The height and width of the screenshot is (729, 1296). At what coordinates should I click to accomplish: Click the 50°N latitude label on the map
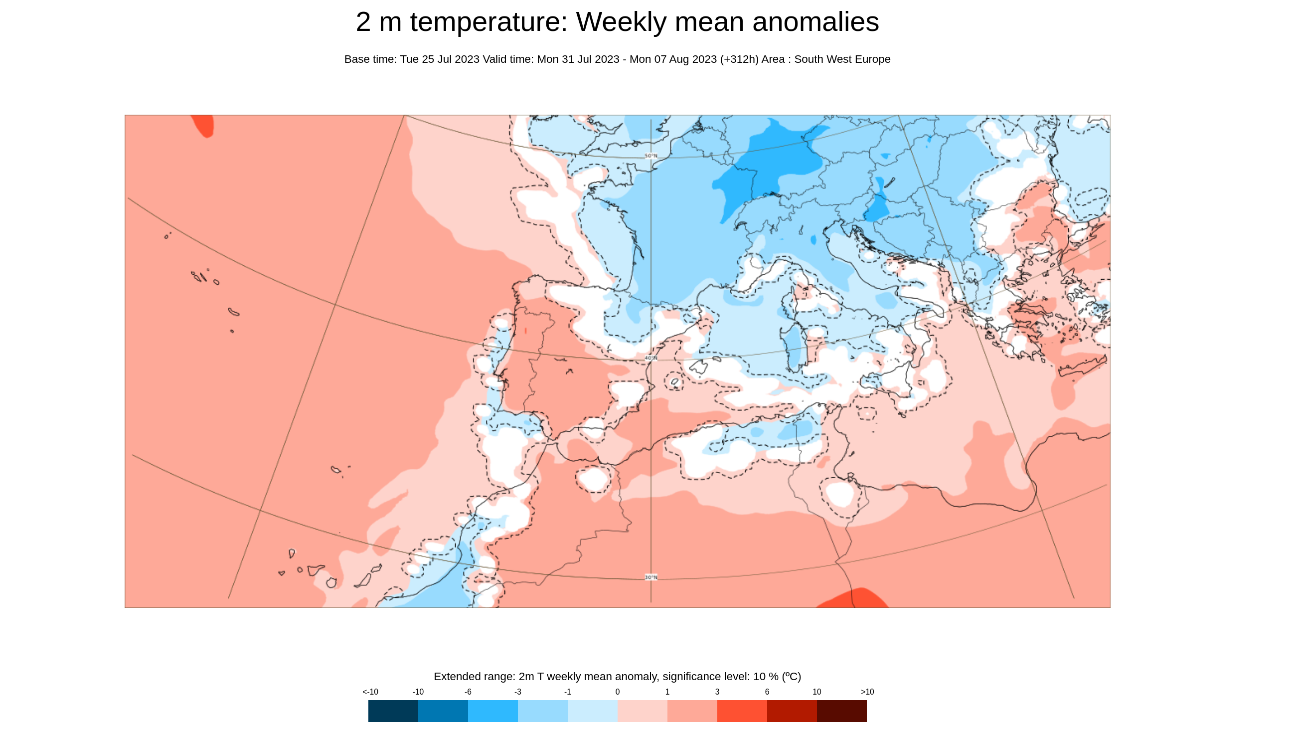click(651, 156)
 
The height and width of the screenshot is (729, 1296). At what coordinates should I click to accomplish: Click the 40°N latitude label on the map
click(651, 358)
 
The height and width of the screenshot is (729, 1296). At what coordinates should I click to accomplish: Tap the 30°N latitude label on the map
click(651, 577)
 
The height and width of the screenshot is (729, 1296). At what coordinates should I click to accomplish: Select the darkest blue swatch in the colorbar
click(393, 711)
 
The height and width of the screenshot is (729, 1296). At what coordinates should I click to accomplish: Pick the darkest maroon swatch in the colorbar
click(842, 711)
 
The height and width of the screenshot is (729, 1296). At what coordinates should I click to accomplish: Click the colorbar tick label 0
click(617, 692)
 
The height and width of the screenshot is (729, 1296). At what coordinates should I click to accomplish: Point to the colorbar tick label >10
click(867, 692)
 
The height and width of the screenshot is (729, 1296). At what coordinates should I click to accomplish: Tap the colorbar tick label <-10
click(370, 692)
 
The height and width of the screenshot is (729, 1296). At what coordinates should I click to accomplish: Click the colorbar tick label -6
click(468, 692)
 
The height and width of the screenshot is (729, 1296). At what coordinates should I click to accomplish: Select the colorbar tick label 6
click(767, 692)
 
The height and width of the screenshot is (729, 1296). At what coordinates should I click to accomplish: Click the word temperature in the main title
click(488, 22)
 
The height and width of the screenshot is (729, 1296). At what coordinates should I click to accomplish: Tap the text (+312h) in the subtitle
click(739, 59)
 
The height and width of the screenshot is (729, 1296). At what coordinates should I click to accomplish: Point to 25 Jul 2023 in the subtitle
click(450, 59)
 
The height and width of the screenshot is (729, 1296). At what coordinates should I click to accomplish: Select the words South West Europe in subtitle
click(842, 59)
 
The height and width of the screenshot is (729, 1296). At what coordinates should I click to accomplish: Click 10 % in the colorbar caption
click(765, 677)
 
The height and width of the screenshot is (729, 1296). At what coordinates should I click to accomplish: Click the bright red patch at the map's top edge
click(204, 125)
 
